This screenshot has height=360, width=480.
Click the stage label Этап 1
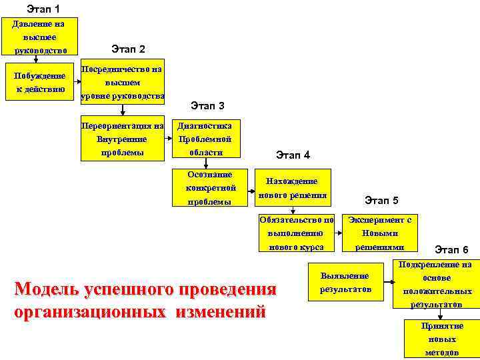click(43, 9)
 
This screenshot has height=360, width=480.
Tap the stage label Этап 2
click(128, 49)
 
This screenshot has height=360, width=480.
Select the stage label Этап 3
click(207, 105)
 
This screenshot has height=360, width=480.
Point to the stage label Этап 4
click(293, 155)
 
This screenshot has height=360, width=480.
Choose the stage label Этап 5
click(381, 200)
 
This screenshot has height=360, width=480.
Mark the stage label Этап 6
click(451, 250)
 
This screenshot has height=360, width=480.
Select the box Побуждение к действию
click(39, 82)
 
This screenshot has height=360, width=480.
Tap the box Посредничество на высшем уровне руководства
click(122, 83)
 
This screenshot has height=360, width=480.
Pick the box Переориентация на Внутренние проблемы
click(122, 139)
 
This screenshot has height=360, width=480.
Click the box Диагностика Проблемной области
click(204, 139)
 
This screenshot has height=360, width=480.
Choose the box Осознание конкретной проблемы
click(211, 187)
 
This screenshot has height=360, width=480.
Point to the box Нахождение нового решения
click(291, 188)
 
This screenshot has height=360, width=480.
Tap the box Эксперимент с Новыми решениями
click(380, 233)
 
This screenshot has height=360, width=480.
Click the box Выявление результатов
click(344, 282)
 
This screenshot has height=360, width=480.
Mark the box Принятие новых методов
click(442, 339)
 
